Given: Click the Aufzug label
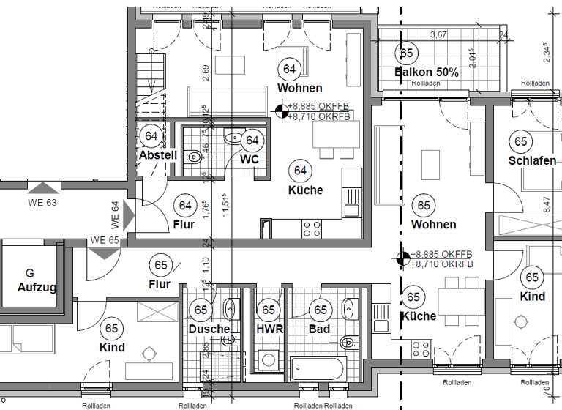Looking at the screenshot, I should [37, 288].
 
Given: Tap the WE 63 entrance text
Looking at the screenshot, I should [42, 203].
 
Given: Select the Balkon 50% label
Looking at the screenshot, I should [426, 72].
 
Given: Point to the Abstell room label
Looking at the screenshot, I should [157, 155].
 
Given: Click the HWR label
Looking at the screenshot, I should [269, 329].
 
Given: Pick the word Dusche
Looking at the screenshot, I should [209, 329].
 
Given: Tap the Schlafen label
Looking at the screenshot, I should [533, 160].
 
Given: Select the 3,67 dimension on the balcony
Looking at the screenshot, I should [439, 34].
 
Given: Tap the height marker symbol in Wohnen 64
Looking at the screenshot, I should [280, 111].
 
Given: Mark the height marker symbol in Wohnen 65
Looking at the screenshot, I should [402, 258].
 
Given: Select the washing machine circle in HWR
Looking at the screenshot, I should [269, 360].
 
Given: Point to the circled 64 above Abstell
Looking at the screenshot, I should [152, 136].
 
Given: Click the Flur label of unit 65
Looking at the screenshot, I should [160, 284].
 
